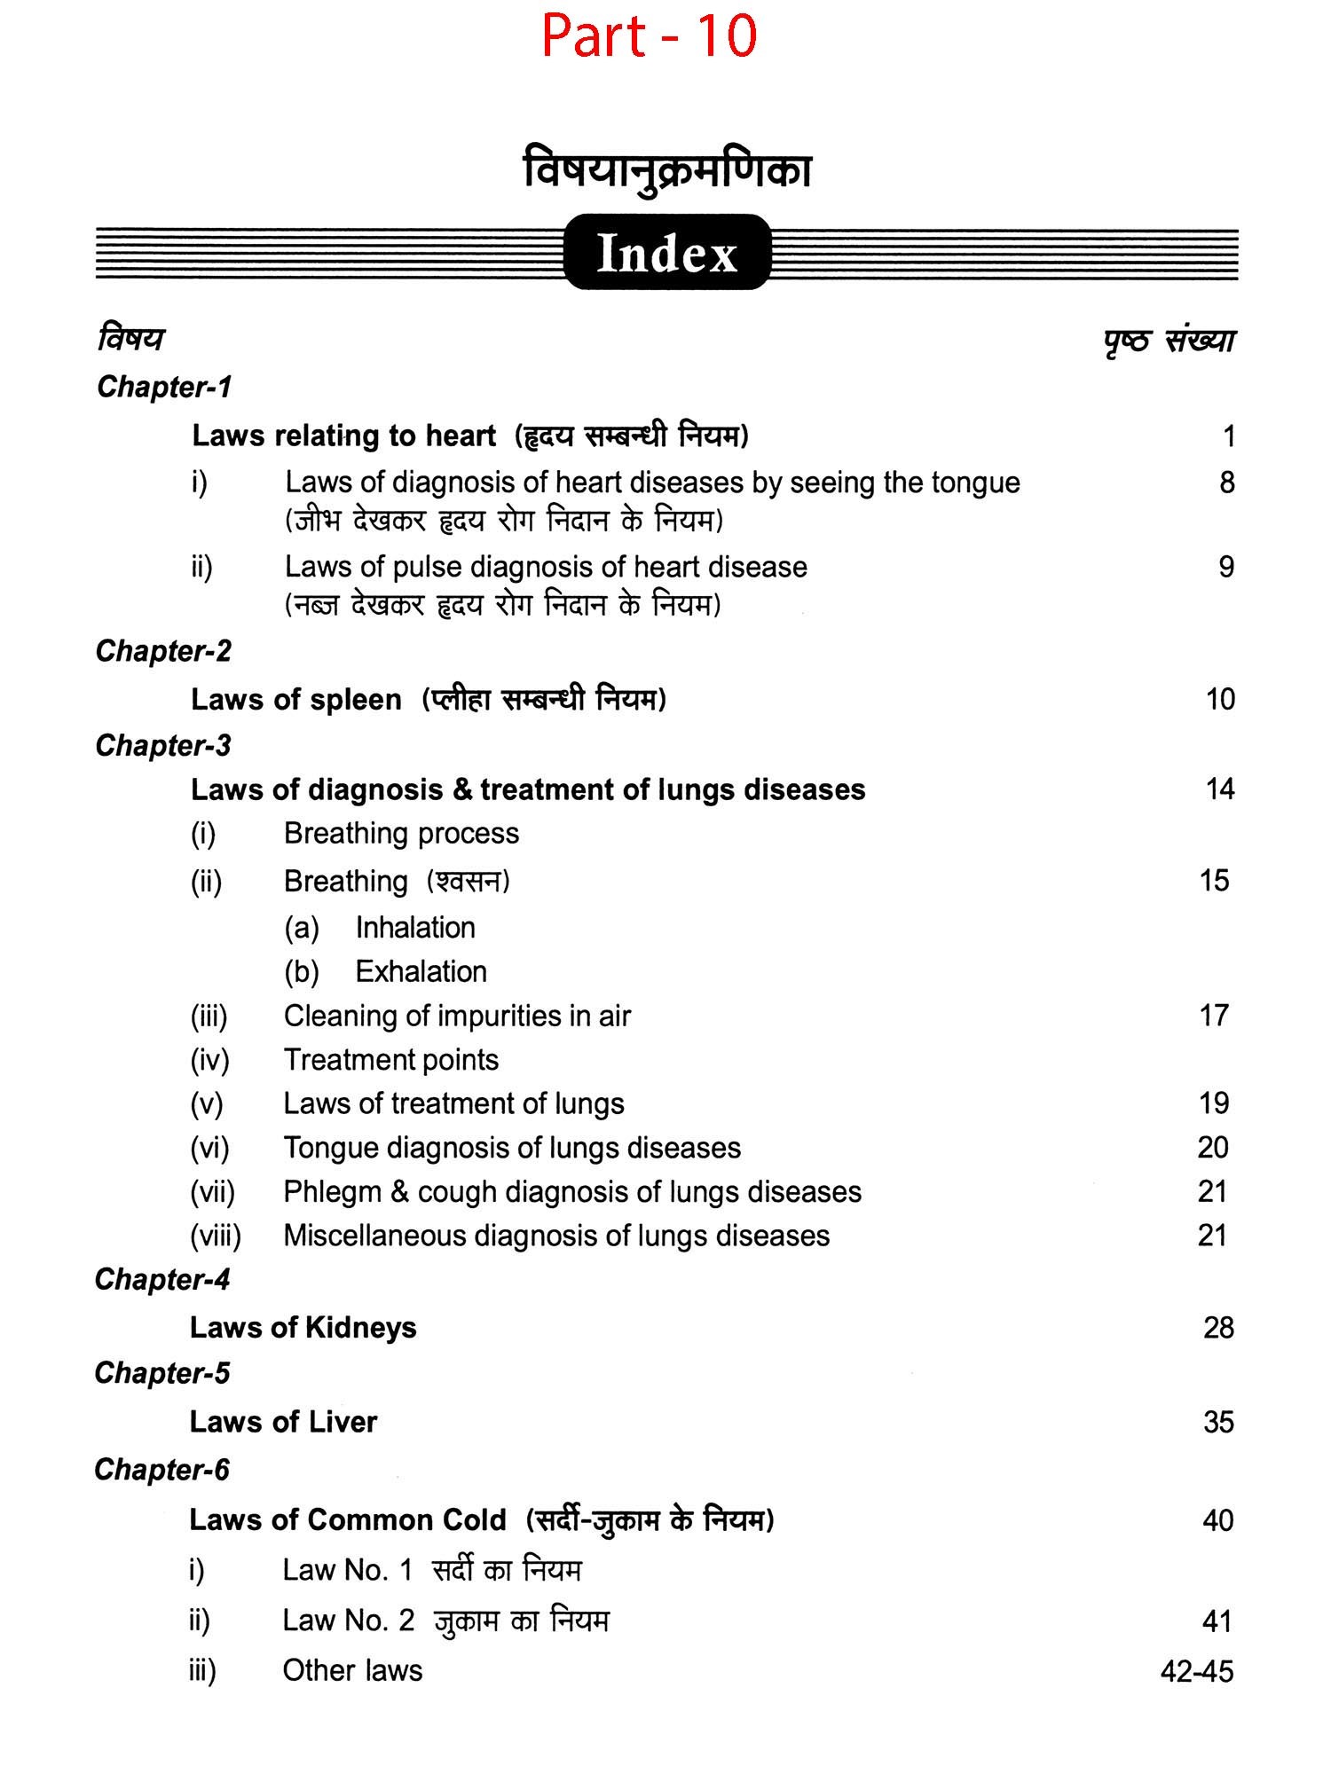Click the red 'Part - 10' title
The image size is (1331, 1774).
tap(649, 36)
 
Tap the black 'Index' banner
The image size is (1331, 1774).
tap(666, 253)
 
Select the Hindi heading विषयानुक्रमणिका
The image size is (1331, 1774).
tap(667, 171)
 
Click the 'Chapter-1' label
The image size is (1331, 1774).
tap(164, 387)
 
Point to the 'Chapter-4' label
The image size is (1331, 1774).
tap(162, 1279)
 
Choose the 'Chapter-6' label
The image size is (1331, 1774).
tap(161, 1470)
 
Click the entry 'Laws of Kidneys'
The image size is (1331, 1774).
tap(303, 1328)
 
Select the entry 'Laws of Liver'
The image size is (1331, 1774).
tap(283, 1422)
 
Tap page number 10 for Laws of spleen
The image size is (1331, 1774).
tap(1220, 699)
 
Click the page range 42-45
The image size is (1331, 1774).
tap(1197, 1671)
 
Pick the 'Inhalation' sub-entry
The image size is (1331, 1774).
tap(415, 928)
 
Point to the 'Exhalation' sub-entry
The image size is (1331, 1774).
tap(421, 972)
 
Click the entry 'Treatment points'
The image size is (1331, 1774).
tap(390, 1060)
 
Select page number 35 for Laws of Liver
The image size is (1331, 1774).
tap(1218, 1422)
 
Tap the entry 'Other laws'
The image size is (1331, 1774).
tap(352, 1670)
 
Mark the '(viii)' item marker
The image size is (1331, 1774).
tap(216, 1236)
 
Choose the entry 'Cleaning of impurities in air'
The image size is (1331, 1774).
tap(457, 1016)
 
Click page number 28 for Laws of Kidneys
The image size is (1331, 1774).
tap(1218, 1328)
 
